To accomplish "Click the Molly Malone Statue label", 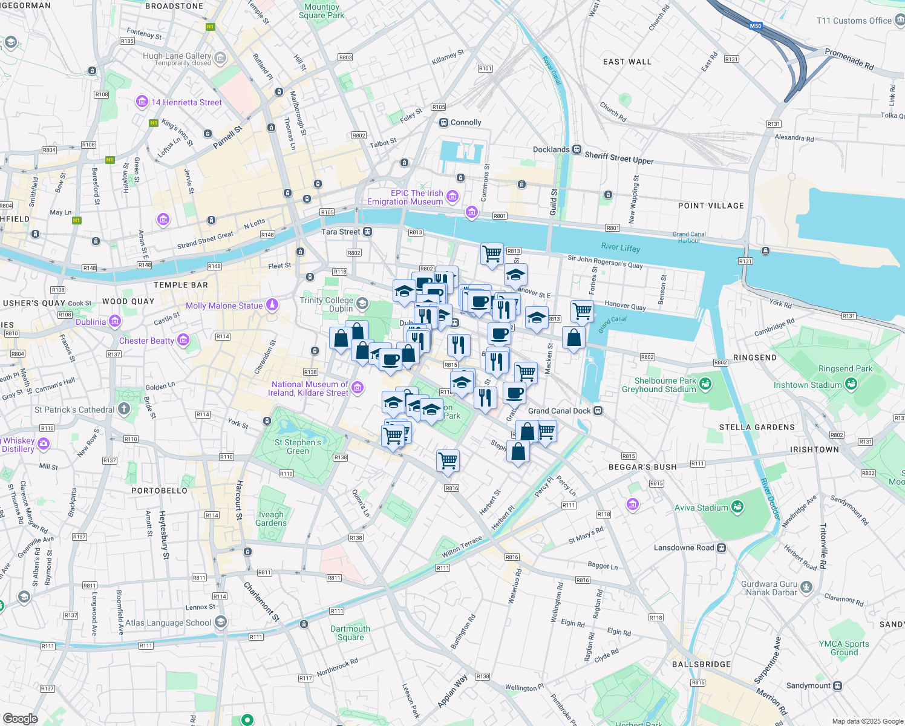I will pyautogui.click(x=224, y=306).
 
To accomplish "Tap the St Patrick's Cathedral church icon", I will pyautogui.click(x=124, y=409).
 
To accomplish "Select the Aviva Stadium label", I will pyautogui.click(x=701, y=508).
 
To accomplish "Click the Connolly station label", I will pyautogui.click(x=466, y=122).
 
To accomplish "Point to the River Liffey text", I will pyautogui.click(x=620, y=247).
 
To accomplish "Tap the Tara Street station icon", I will pyautogui.click(x=367, y=232).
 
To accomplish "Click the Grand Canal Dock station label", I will pyautogui.click(x=559, y=411).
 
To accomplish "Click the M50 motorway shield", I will pyautogui.click(x=755, y=26).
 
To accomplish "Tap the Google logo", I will pyautogui.click(x=20, y=718).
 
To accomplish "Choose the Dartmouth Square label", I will pyautogui.click(x=350, y=633).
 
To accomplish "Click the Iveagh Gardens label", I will pyautogui.click(x=271, y=518).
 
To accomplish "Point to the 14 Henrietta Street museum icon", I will pyautogui.click(x=142, y=102).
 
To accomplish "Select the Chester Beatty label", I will pyautogui.click(x=146, y=341).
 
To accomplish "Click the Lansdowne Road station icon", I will pyautogui.click(x=721, y=548).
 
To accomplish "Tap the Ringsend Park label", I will pyautogui.click(x=845, y=368).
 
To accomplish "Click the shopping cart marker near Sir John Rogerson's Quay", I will pyautogui.click(x=492, y=253).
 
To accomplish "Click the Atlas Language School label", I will pyautogui.click(x=168, y=623).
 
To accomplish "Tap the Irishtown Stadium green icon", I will pyautogui.click(x=851, y=384).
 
